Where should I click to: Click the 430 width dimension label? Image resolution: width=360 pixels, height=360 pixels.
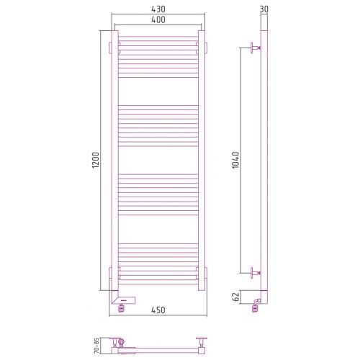(x=158, y=9)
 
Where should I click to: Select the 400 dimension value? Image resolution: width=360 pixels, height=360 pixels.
(x=158, y=19)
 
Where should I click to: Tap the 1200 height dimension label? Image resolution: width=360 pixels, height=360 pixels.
(x=96, y=161)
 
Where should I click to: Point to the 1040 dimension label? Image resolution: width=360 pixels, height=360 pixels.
(x=235, y=160)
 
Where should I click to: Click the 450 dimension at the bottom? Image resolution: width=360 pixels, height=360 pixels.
(x=158, y=310)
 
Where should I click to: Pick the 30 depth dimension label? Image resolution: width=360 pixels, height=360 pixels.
(x=264, y=9)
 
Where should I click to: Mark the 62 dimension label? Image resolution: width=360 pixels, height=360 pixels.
(x=236, y=297)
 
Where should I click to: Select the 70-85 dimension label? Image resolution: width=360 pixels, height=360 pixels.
(x=96, y=346)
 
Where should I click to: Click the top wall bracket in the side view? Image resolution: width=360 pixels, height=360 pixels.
(x=255, y=48)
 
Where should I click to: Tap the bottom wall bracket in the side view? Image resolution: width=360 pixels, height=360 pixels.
(x=255, y=273)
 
